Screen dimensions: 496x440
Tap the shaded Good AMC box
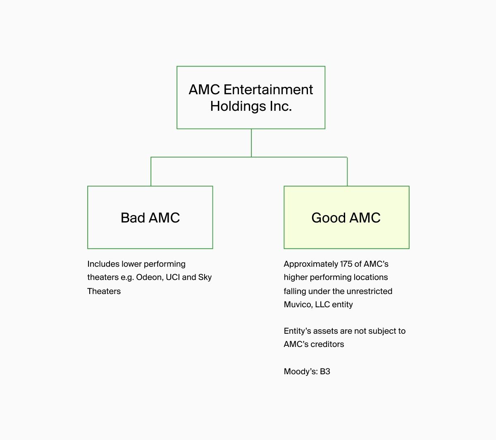(x=346, y=217)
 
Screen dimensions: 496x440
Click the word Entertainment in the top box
(x=268, y=89)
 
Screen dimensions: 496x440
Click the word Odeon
(x=149, y=277)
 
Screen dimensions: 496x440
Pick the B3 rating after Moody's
(x=325, y=371)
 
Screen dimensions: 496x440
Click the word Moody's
(x=300, y=372)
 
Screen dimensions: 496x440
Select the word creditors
(x=327, y=344)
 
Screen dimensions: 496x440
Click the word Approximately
(x=311, y=264)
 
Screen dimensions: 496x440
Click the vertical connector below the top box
(x=251, y=143)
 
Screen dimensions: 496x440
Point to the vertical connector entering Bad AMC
(x=151, y=172)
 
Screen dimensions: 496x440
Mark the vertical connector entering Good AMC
(x=347, y=172)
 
